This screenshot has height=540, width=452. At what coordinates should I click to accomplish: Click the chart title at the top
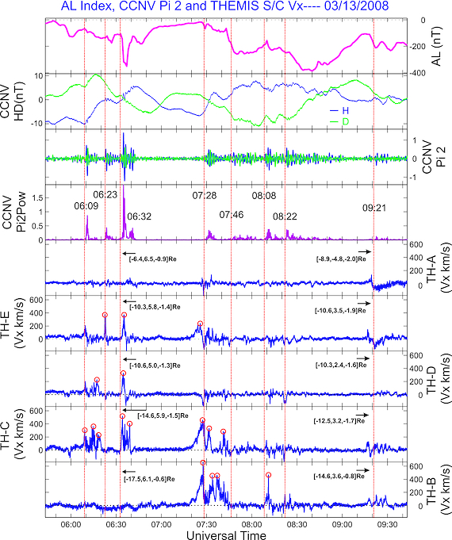coord(226,7)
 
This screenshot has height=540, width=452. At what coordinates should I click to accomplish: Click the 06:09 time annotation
coord(87,206)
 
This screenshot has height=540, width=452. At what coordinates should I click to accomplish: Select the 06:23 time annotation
coord(105,193)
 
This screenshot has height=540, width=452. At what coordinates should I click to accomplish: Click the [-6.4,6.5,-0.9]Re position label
coord(151,258)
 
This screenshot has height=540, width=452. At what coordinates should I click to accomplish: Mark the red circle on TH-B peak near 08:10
coord(269,475)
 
